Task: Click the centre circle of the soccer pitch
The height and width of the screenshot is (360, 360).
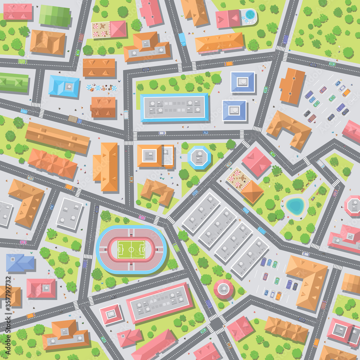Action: pos(131,249)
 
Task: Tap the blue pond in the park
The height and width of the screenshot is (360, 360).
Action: pos(295,206)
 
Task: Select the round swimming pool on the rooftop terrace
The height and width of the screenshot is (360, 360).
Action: pos(250,15)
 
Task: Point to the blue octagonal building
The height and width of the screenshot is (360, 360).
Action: pos(199,157)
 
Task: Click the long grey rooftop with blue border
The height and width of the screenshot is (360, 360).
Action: pos(174,107)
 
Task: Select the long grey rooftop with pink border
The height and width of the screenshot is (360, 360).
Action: pos(159,302)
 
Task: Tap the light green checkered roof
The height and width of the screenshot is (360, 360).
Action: pos(54,16)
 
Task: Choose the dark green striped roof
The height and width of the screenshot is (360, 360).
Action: pos(14,82)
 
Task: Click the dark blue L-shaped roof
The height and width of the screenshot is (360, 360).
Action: pos(19,263)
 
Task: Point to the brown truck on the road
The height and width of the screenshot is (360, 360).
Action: pos(73,119)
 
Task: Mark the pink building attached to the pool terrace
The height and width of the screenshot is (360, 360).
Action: pos(228,19)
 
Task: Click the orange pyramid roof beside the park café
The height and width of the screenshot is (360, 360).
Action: pos(252,192)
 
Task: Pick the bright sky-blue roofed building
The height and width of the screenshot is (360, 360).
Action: pos(64,86)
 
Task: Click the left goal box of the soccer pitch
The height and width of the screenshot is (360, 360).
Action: pos(120,249)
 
